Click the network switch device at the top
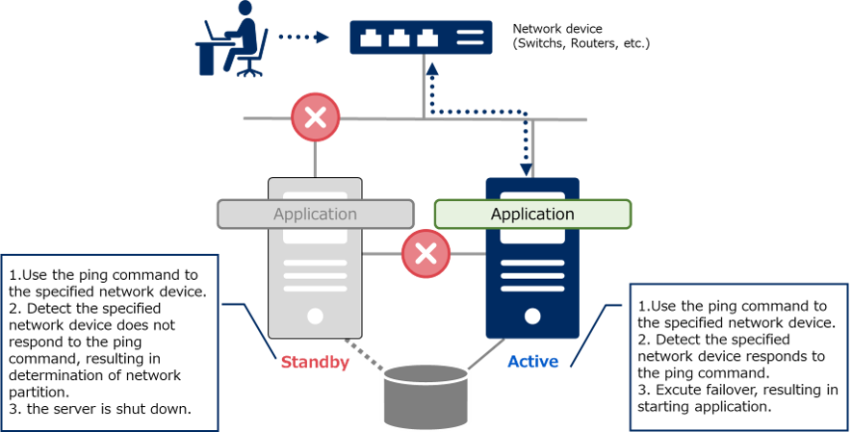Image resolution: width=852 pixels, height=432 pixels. point(420,38)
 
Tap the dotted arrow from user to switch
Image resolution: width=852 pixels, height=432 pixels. point(303,38)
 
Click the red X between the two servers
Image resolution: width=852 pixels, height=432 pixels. point(426,254)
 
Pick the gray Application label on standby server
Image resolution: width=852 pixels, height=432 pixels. point(315,214)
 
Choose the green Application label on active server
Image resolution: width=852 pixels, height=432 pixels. point(532,214)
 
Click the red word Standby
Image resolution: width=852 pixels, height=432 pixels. point(315,363)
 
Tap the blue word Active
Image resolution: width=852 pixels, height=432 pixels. point(532,363)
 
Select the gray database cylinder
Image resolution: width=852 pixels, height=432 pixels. point(425,394)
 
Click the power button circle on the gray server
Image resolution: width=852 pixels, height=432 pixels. point(315,316)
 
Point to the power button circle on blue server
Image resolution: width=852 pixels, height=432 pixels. point(532,316)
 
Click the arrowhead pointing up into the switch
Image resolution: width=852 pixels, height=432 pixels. point(432,69)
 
